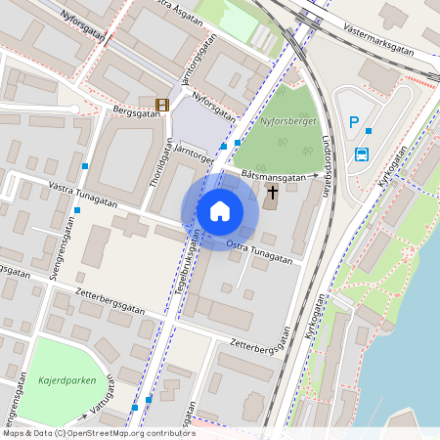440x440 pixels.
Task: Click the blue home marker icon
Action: [x=220, y=211]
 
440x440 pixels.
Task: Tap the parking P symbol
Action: [x=354, y=122]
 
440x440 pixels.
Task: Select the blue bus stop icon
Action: [x=362, y=154]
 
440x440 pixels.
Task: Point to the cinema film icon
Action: [x=161, y=104]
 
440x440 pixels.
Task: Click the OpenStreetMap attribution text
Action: [x=98, y=432]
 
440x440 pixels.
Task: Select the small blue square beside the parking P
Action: [x=369, y=130]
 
